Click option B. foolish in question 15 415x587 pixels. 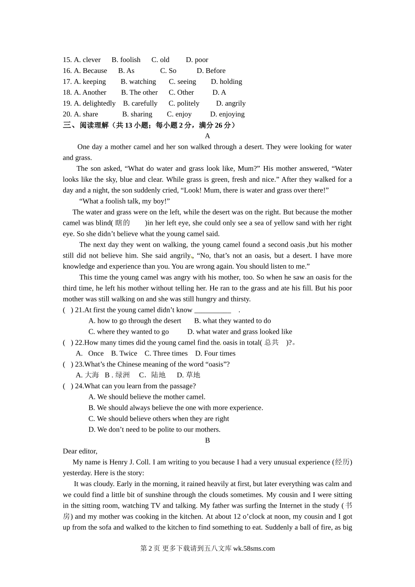[x=126, y=60]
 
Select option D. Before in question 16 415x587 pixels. [x=211, y=71]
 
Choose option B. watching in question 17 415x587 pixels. [x=138, y=82]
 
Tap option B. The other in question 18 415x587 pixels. [x=139, y=93]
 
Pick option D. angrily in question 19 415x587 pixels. [x=231, y=104]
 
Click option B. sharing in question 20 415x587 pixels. [x=137, y=114]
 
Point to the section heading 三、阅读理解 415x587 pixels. [x=86, y=125]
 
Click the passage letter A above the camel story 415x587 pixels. [x=207, y=136]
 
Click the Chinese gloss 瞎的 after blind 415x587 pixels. [x=123, y=223]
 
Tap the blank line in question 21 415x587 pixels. [x=213, y=310]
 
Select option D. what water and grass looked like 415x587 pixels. [x=239, y=332]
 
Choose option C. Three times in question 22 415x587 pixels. [x=166, y=354]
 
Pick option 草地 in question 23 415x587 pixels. [x=193, y=375]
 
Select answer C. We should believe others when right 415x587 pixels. [x=159, y=419]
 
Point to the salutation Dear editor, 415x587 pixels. [x=80, y=451]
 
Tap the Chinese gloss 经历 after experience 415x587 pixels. [x=342, y=462]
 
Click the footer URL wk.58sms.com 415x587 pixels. [x=254, y=549]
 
